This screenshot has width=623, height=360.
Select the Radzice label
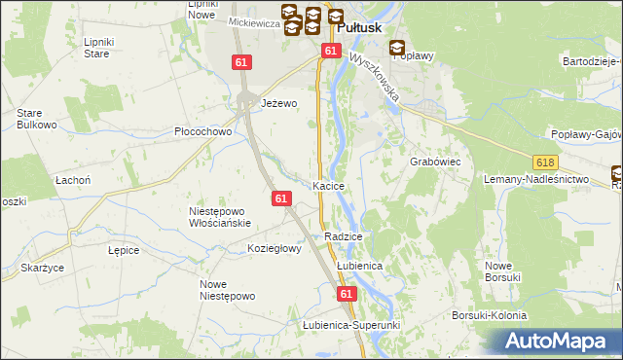coord(344,236)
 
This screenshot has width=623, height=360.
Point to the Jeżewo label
coord(277,101)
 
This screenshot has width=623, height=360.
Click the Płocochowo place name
coord(202,131)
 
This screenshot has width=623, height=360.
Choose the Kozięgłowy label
coord(275,248)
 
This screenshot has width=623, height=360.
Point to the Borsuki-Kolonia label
coord(489,315)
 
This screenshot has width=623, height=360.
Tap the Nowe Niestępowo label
coord(227,290)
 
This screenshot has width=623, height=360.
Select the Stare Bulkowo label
coord(35,119)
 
